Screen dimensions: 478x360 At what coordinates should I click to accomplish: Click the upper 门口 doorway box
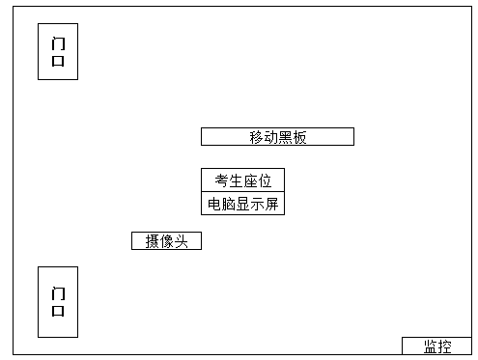point(57,51)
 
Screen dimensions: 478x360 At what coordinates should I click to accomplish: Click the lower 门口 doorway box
point(57,301)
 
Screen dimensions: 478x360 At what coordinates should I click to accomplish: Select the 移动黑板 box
point(277,137)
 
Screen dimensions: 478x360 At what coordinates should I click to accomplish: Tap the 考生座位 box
point(242,180)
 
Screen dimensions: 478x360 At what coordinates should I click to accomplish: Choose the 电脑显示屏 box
point(242,204)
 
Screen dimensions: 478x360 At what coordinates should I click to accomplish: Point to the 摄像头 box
point(166,241)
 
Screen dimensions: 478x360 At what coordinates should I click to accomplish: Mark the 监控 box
point(436,346)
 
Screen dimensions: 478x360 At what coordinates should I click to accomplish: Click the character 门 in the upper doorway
point(58,42)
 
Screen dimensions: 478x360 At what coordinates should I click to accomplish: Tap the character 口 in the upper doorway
point(58,61)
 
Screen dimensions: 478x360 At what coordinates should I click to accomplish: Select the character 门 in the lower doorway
point(58,292)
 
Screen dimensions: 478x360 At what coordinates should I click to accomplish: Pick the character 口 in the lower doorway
point(58,311)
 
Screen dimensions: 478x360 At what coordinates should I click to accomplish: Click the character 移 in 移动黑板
point(256,137)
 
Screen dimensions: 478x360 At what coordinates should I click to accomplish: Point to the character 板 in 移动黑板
point(299,137)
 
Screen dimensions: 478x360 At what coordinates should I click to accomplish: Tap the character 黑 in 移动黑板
point(285,137)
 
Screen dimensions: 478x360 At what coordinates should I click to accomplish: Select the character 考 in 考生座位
point(221,180)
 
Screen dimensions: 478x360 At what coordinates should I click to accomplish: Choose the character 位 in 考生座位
point(265,180)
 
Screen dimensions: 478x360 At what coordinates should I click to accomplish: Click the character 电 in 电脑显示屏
point(213,204)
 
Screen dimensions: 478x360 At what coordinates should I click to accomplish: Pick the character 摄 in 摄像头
point(152,241)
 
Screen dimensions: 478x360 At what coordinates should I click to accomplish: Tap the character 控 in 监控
point(444,346)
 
